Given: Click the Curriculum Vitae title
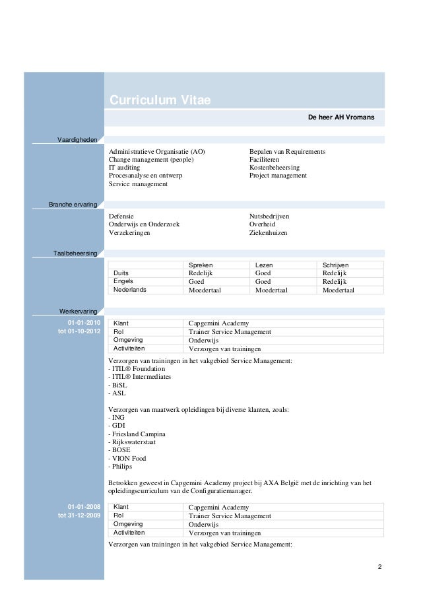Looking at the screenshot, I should [x=160, y=100].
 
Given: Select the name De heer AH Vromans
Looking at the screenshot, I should [x=341, y=117].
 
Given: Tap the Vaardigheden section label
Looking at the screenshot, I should [x=78, y=141].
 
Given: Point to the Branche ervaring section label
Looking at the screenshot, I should [x=73, y=205].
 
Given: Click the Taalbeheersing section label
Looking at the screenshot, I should [x=76, y=253].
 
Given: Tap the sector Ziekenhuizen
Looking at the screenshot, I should [x=268, y=233].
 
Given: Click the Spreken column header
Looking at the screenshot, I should [x=201, y=264].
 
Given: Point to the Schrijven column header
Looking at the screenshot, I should [x=337, y=264].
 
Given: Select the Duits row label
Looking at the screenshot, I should [x=121, y=273].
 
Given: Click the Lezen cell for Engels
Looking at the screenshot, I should [x=263, y=281].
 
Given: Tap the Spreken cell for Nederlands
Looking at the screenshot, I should [x=206, y=290].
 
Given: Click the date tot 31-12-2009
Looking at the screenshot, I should [x=79, y=515].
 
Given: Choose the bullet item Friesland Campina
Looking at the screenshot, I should [x=137, y=434].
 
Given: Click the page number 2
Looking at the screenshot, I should [x=379, y=567].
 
